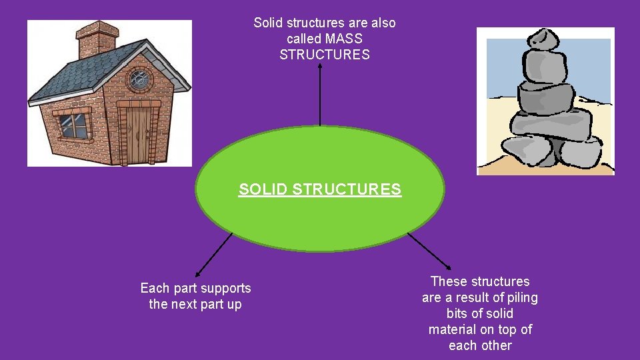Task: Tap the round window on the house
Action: tap(139, 80)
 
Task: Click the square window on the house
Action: tap(73, 125)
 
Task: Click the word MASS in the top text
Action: tap(344, 39)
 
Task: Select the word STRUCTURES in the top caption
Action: tap(325, 55)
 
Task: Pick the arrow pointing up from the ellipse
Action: tap(320, 93)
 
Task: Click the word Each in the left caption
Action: tap(155, 288)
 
